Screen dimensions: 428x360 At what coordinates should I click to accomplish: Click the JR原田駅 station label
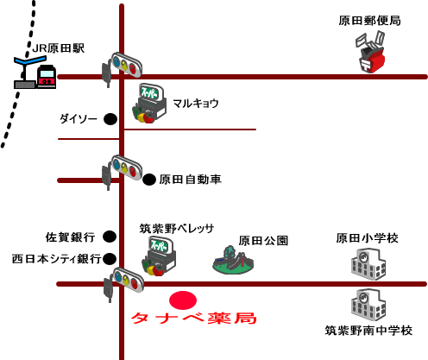pos(59,48)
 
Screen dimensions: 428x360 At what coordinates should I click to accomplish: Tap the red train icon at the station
pos(47,76)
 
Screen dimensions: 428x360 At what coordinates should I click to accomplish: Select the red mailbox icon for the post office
pos(370,53)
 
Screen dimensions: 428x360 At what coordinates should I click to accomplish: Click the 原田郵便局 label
pos(369,21)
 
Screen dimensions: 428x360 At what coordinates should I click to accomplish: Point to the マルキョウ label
pos(196,104)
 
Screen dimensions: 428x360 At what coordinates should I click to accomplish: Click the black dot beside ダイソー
pos(110,119)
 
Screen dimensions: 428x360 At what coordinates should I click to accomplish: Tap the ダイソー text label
pos(79,119)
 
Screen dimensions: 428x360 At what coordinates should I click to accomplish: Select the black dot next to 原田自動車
pos(149,180)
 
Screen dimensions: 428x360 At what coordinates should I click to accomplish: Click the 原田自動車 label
pos(190,180)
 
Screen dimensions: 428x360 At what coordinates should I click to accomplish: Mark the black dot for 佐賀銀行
pos(110,237)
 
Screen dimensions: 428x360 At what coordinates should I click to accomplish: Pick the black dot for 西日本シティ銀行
pos(110,259)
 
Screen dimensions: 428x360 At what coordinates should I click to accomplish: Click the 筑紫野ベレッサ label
pos(177,229)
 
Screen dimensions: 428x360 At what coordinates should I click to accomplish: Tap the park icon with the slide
pos(233,261)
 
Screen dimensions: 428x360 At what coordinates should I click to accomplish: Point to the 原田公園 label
pos(263,241)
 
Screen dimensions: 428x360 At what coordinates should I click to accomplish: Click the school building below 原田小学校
pos(368,264)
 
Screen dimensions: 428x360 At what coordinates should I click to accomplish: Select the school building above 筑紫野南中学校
pos(368,305)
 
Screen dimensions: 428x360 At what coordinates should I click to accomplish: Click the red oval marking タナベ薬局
pos(183,300)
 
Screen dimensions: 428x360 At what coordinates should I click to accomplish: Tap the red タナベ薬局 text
pos(193,319)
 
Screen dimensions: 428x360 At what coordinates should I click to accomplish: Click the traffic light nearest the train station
pos(122,68)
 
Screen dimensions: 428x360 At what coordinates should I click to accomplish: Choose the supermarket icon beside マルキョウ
pos(149,104)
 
